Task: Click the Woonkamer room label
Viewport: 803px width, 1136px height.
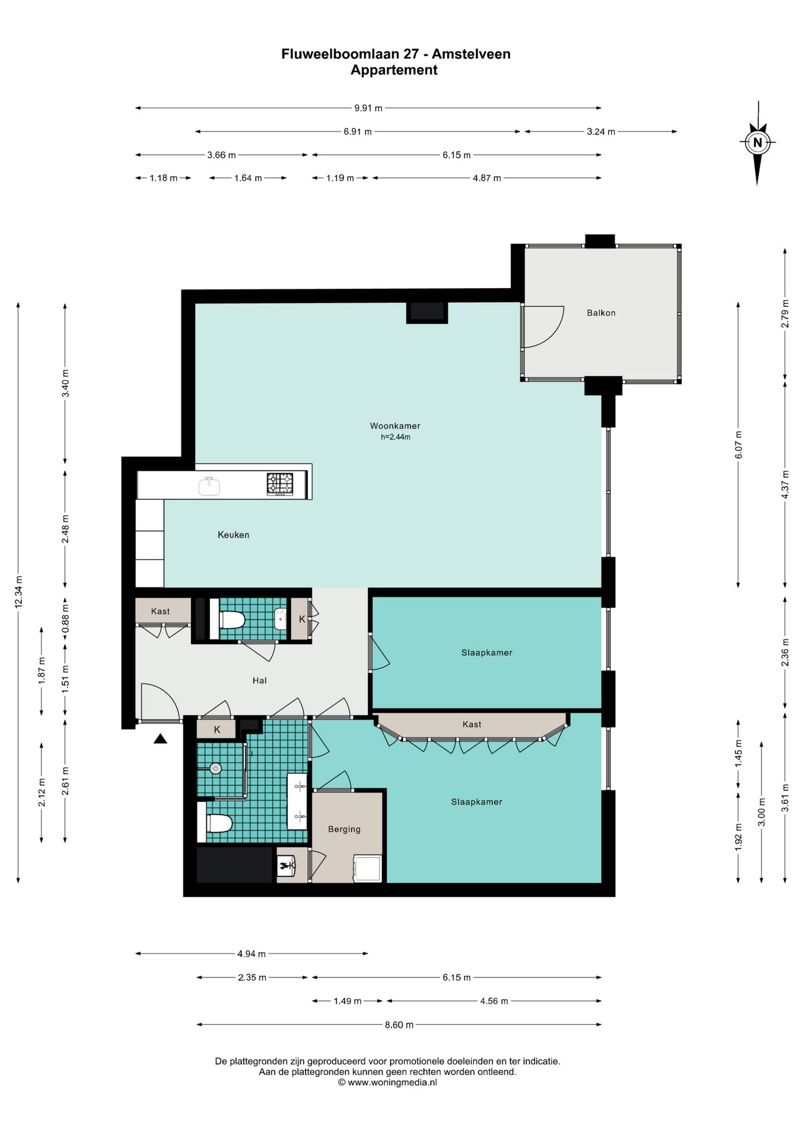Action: [x=395, y=425]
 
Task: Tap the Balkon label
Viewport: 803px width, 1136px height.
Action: [x=601, y=313]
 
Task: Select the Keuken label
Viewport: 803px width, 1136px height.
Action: [x=234, y=535]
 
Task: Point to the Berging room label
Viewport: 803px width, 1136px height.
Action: [x=344, y=830]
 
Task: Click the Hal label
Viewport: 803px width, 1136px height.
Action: [x=260, y=680]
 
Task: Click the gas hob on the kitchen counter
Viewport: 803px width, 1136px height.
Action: [x=280, y=484]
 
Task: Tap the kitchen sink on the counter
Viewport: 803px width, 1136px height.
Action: [x=209, y=486]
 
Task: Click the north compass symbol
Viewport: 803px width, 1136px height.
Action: [x=757, y=143]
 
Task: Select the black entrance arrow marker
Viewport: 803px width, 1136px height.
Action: [x=160, y=738]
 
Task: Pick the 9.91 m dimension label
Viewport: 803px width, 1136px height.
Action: [x=368, y=108]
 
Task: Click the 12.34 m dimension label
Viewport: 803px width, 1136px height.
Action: [x=18, y=592]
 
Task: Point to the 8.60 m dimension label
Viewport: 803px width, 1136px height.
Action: [x=399, y=1025]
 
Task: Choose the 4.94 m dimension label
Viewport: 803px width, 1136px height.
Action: [x=251, y=954]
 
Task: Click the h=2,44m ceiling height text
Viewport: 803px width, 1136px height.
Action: [x=396, y=437]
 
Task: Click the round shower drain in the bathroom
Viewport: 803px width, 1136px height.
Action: [x=216, y=769]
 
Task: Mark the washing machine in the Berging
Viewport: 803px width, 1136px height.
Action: [x=367, y=868]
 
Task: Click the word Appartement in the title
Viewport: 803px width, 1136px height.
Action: [x=394, y=70]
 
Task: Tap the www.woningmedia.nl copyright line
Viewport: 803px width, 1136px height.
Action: [x=387, y=1082]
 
